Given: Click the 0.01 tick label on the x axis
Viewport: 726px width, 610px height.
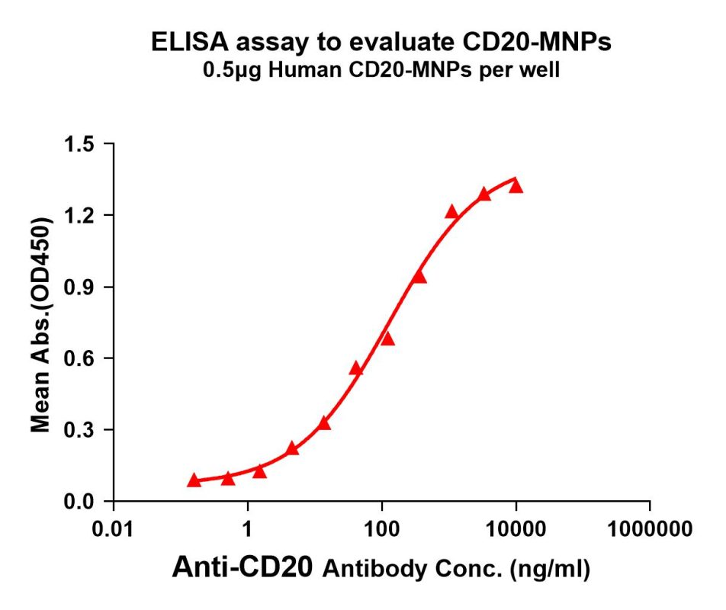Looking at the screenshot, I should click(114, 528).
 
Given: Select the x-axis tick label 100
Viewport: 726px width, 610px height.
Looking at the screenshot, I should click(382, 528).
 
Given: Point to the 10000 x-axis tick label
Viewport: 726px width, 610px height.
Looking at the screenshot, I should click(516, 528).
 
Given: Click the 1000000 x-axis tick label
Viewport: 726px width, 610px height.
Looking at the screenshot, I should click(650, 528).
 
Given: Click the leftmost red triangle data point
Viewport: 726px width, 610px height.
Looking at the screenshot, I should click(194, 480).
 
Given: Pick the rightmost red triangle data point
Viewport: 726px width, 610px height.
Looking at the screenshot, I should click(516, 186).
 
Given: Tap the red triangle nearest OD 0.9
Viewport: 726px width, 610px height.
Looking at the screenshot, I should click(419, 276).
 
